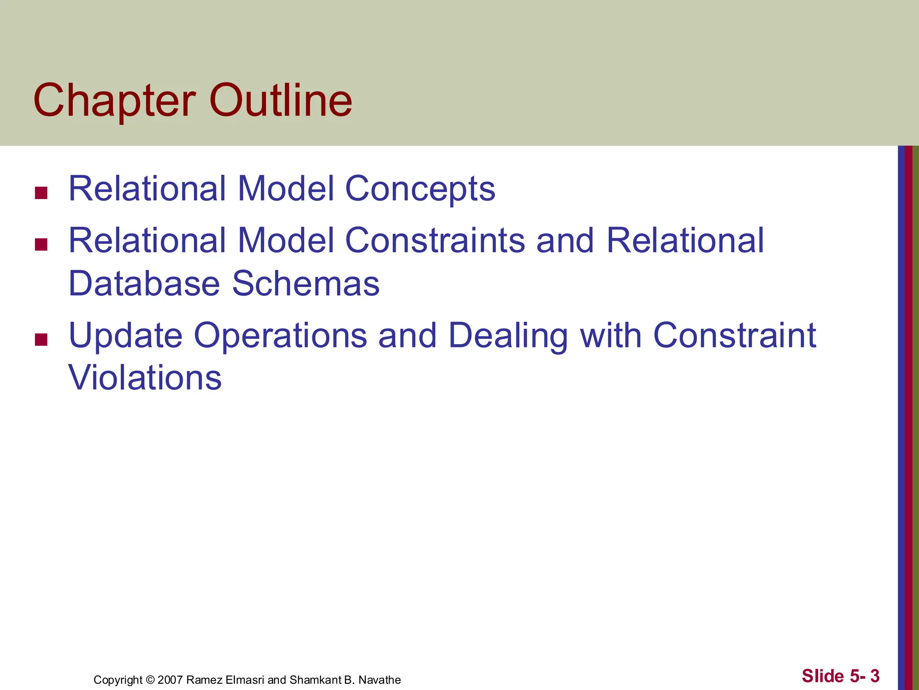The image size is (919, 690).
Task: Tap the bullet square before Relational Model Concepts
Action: (x=41, y=193)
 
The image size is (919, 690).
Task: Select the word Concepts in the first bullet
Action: (x=420, y=189)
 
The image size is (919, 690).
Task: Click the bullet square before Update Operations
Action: (x=41, y=340)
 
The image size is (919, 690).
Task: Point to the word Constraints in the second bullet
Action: (x=435, y=240)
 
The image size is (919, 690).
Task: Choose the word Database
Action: (x=144, y=283)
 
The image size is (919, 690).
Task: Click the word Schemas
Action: (x=306, y=283)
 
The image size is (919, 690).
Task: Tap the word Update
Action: (x=125, y=336)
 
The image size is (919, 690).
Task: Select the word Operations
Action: (x=280, y=336)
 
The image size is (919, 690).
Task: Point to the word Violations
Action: (x=145, y=377)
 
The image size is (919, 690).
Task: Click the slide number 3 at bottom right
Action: (x=875, y=676)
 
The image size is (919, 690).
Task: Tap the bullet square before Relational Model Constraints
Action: (x=41, y=244)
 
